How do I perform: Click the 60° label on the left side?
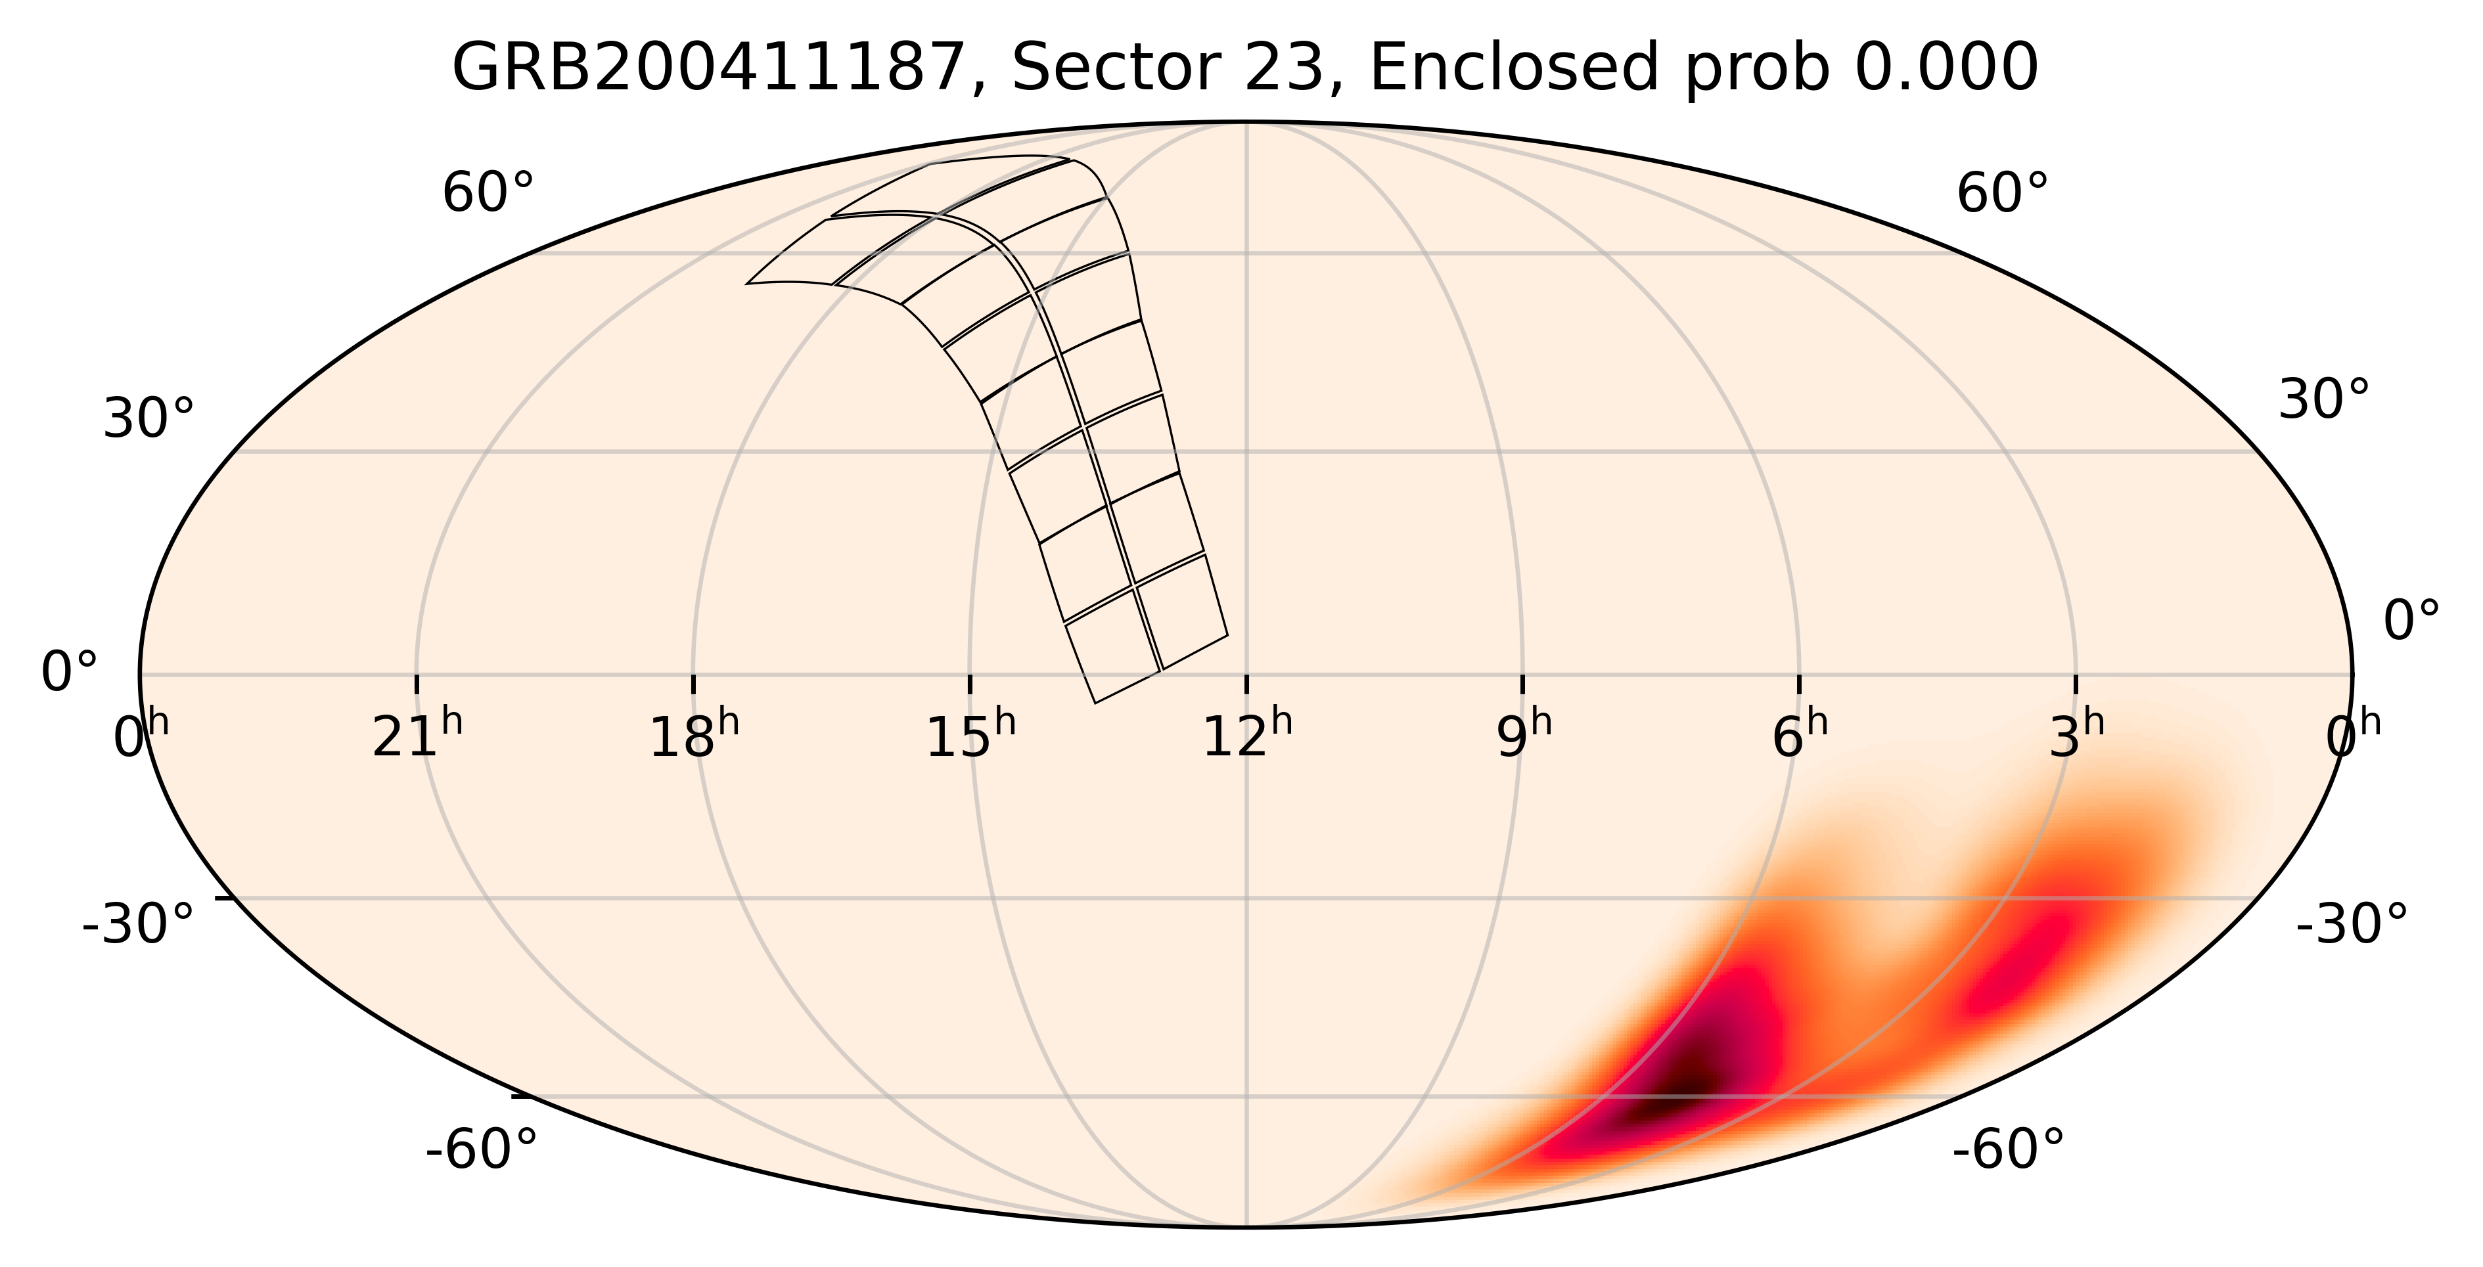pos(488,194)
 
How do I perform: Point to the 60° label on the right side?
pos(2002,194)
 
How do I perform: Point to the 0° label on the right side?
pos(2411,621)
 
